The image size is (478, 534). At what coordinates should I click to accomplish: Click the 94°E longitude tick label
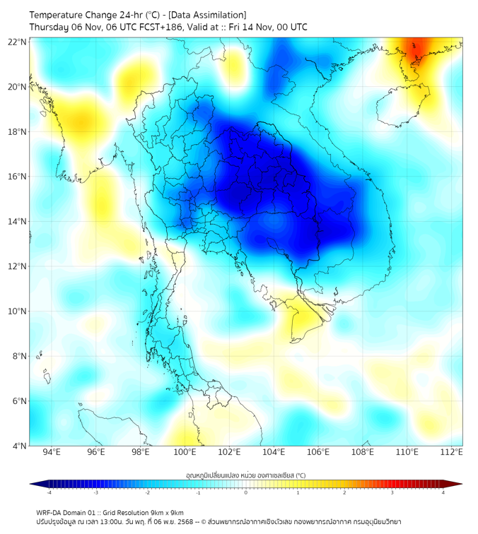52,452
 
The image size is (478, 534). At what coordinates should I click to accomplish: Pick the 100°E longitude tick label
185,452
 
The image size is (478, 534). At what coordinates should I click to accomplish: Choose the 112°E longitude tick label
452,452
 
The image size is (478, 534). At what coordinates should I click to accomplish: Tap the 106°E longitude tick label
319,452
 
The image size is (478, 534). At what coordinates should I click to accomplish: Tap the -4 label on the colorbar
48,492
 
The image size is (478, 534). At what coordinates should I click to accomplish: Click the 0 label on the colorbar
246,492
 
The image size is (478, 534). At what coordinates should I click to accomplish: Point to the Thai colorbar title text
245,475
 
